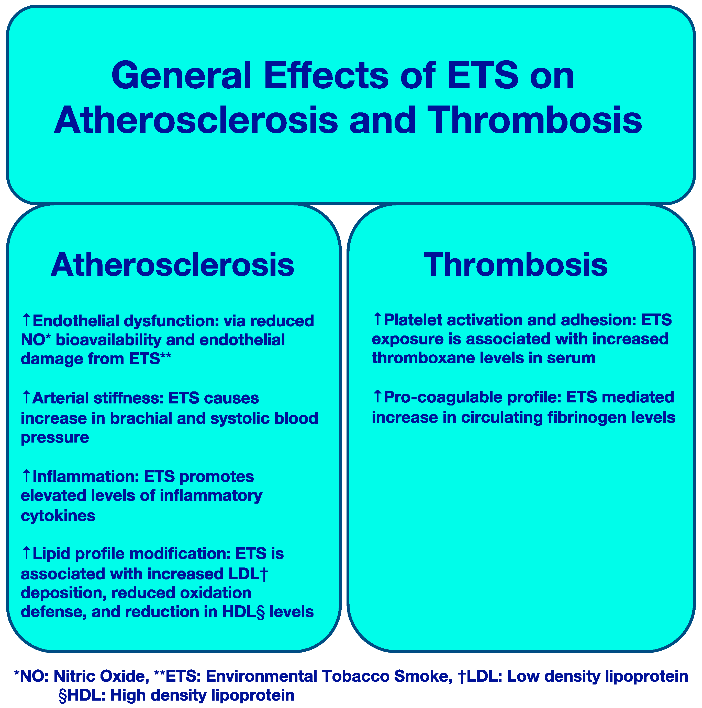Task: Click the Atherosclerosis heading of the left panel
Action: coord(172,265)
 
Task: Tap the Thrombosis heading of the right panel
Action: coord(515,265)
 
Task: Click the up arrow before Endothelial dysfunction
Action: coord(26,320)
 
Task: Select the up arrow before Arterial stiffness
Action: coord(26,397)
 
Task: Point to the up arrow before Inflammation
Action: coord(26,476)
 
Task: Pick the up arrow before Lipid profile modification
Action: coord(26,553)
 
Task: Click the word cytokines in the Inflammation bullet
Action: coord(58,516)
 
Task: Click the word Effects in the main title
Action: coord(326,75)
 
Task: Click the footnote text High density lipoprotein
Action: coord(202,695)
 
